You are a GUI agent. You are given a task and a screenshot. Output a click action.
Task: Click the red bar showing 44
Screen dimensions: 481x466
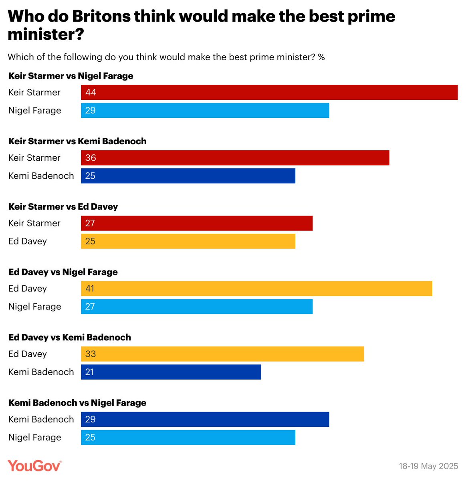pos(269,93)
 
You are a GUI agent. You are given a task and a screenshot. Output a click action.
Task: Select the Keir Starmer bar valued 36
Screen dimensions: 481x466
pos(235,158)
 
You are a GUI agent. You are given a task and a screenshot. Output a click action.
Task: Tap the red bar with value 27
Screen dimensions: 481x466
pos(197,223)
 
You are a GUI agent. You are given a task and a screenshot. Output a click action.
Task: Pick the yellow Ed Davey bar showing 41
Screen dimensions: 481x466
pos(256,289)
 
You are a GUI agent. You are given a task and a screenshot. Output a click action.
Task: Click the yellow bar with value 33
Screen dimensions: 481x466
pos(222,354)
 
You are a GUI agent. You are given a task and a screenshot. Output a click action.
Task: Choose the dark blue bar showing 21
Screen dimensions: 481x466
pos(171,372)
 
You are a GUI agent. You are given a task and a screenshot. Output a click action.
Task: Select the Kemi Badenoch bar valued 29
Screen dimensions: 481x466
pos(205,419)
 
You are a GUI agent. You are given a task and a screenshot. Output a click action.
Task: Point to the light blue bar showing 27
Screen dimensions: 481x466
pos(197,307)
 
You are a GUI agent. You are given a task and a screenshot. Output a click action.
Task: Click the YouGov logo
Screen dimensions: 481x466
pos(34,466)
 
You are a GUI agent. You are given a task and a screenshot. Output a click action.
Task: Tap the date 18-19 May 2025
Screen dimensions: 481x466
pos(428,466)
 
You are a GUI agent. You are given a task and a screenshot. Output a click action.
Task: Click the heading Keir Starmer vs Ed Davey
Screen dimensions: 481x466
pos(63,207)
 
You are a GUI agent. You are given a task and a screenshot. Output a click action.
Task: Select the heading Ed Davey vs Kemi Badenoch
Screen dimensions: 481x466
pos(70,338)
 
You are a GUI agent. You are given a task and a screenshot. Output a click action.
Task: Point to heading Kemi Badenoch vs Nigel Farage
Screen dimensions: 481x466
pos(77,403)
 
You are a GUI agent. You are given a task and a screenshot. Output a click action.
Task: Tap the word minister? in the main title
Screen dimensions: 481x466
pos(46,34)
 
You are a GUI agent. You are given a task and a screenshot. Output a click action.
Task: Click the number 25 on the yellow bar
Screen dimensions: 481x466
pos(90,241)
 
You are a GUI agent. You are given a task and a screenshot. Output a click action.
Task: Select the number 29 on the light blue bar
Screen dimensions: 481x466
pos(90,111)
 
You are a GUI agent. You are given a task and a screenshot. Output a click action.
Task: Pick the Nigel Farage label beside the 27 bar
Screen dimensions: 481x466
pos(35,307)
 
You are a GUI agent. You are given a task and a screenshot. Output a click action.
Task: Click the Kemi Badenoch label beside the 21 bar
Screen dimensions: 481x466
pos(41,372)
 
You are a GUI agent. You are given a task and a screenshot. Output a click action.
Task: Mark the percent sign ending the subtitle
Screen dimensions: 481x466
pos(321,57)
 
